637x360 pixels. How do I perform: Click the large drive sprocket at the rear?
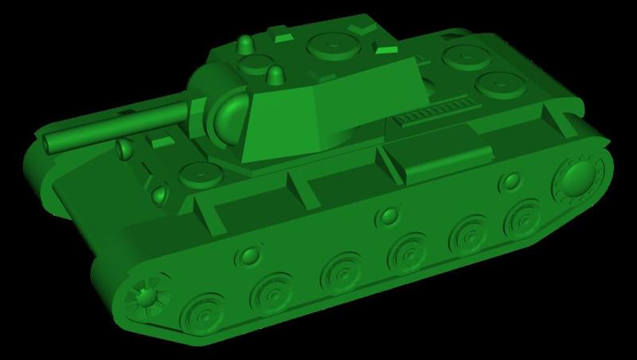[x=578, y=180]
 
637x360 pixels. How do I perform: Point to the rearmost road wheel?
[x=523, y=217]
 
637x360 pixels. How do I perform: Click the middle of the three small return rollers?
[x=388, y=217]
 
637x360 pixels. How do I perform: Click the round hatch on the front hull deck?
[x=194, y=172]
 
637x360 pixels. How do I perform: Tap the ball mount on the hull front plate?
[x=159, y=193]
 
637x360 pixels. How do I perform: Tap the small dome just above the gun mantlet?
[x=276, y=75]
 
